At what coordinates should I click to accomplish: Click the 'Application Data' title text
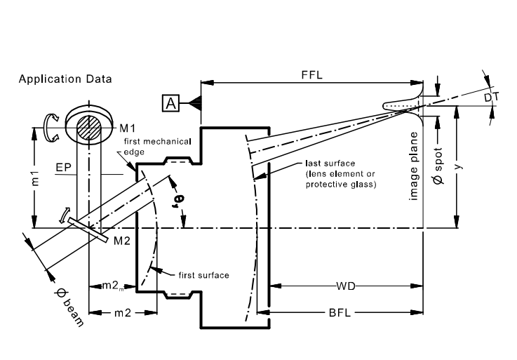tap(65, 79)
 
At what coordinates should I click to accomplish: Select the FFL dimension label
tap(311, 75)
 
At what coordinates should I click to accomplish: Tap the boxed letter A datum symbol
tap(170, 103)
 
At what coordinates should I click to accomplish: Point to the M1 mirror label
tap(127, 128)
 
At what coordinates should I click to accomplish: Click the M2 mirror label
tap(121, 241)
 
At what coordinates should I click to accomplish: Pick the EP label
tap(64, 167)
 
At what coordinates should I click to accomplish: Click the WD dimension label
tap(346, 286)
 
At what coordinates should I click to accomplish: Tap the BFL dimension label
tap(340, 312)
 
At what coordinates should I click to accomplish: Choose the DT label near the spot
tap(491, 98)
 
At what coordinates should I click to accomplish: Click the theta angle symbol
tap(179, 201)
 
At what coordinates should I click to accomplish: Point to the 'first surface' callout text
tap(203, 275)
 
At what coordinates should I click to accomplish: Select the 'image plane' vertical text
tap(413, 166)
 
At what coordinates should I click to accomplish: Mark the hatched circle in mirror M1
tap(89, 128)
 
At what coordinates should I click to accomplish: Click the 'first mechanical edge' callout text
tap(157, 147)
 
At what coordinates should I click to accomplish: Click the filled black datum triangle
tap(196, 103)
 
